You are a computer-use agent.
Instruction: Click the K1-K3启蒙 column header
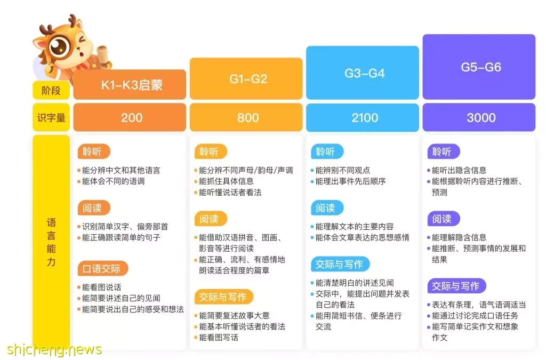pos(130,85)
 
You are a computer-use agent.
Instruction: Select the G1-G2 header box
pos(246,79)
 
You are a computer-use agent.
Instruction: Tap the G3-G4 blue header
pos(363,73)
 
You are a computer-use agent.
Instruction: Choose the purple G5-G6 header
pos(479,67)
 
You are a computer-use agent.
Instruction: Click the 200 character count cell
pos(130,117)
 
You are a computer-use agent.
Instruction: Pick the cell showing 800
pos(246,117)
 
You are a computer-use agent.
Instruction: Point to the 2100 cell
pos(363,117)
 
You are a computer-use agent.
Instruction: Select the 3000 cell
pos(479,117)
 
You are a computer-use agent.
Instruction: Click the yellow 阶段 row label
pos(51,91)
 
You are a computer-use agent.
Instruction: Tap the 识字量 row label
pos(51,117)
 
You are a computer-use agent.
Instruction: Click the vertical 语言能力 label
pos(51,242)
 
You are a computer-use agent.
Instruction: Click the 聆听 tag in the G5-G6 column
pos(444,151)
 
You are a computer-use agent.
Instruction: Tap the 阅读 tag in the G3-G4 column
pos(327,208)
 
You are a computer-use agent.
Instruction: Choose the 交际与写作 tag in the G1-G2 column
pos(223,297)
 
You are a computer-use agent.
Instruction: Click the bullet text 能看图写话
pos(218,338)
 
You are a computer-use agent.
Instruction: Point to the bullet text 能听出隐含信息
pos(459,170)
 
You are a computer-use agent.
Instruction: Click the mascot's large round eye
pos(59,46)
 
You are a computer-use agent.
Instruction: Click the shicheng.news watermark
pos(54,349)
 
